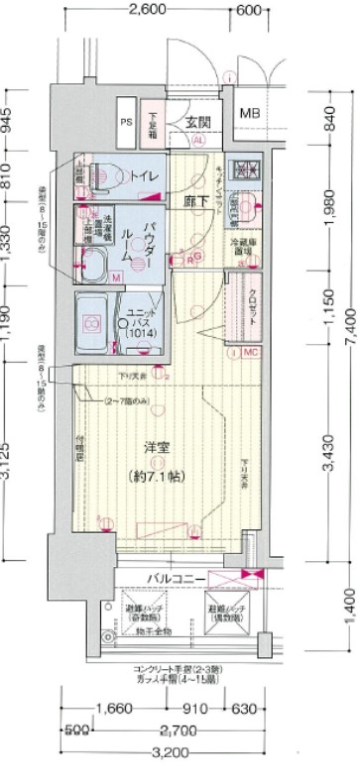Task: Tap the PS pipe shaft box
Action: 126,122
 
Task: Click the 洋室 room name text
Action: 155,448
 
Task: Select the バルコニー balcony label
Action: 178,578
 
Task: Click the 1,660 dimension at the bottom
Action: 116,710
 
